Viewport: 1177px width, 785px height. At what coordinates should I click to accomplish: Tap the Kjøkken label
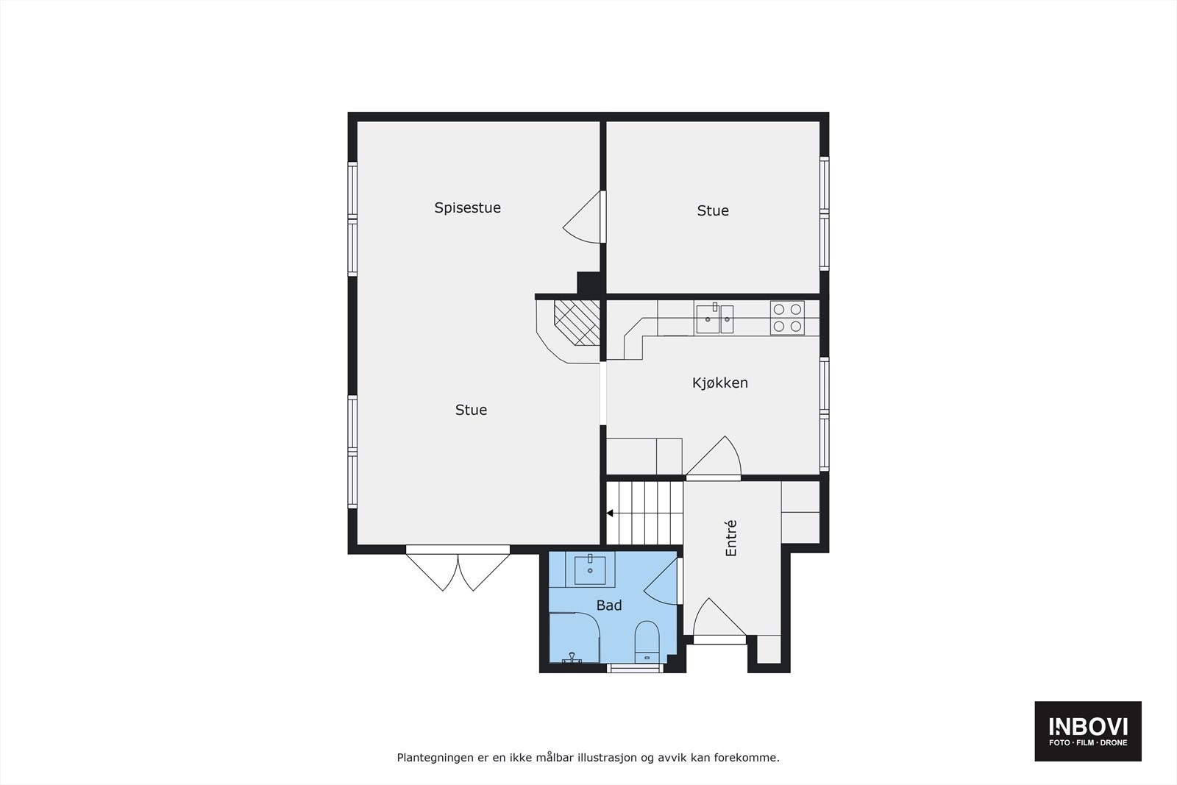click(x=719, y=383)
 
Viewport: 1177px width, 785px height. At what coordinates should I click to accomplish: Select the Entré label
click(x=731, y=538)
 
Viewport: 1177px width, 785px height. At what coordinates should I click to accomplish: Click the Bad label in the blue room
click(x=608, y=605)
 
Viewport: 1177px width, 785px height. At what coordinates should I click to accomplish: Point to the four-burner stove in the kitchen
click(x=787, y=318)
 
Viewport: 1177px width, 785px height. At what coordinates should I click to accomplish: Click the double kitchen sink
click(x=714, y=319)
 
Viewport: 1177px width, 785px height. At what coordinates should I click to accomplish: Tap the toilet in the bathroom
click(x=647, y=642)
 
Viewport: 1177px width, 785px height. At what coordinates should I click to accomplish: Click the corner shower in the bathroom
click(x=575, y=638)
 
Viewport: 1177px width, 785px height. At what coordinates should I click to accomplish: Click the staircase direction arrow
click(x=610, y=514)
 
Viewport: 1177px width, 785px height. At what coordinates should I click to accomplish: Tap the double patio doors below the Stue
click(x=458, y=569)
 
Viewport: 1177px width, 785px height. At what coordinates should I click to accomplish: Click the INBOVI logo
click(x=1087, y=731)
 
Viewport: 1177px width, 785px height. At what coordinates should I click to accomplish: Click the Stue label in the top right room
click(x=713, y=210)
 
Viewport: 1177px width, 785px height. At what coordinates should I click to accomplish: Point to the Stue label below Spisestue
click(x=471, y=410)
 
